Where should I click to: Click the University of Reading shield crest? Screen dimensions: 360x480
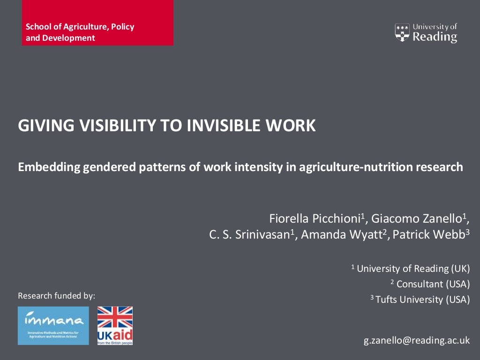pos(402,32)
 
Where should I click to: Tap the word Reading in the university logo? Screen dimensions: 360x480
pos(435,37)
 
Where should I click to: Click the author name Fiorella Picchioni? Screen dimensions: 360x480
pos(314,218)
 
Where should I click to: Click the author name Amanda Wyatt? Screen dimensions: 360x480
pos(341,235)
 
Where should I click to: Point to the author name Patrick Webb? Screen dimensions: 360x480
pos(428,235)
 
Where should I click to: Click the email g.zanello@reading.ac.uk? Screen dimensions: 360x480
pos(417,340)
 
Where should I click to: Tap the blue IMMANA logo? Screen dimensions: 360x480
pos(53,325)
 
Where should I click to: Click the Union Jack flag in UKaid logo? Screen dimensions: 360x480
pos(115,318)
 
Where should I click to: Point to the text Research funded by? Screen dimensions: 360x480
pos(56,296)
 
